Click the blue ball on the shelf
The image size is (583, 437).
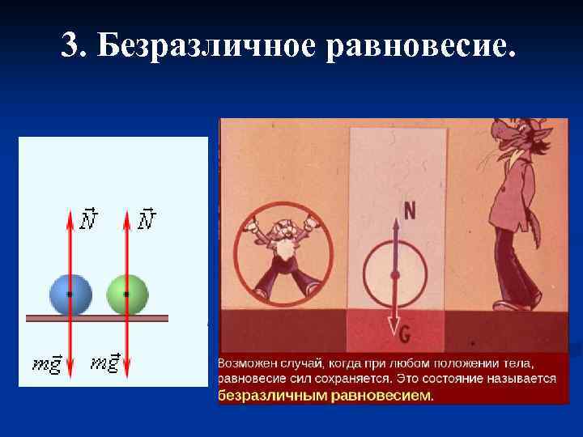[x=70, y=295]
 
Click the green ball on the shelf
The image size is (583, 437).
[x=127, y=295]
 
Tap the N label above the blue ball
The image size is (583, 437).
[x=91, y=219]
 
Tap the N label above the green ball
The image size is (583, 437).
[x=147, y=219]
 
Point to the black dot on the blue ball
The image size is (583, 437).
[x=70, y=295]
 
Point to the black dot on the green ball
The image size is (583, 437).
[x=126, y=295]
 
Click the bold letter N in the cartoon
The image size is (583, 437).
[x=410, y=211]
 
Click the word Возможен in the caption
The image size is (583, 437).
[x=247, y=363]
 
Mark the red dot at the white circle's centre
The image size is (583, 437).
[x=395, y=276]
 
